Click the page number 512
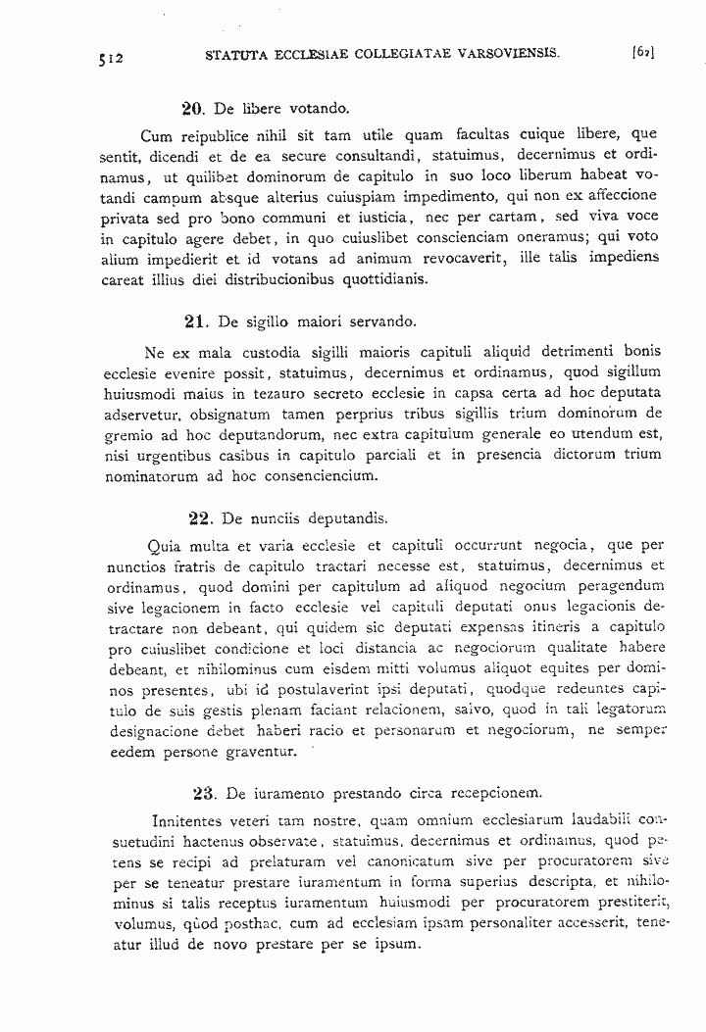tap(110, 58)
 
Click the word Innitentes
tap(192, 819)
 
